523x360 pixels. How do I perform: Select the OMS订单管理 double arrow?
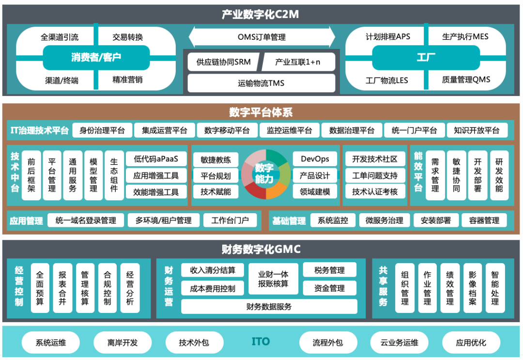click(261, 37)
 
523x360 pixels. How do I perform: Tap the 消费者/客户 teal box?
click(96, 58)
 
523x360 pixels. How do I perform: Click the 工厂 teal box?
click(426, 58)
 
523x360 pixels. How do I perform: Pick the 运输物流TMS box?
click(261, 83)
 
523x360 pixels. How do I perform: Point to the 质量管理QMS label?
click(466, 79)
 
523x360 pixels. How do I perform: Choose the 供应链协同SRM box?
click(223, 62)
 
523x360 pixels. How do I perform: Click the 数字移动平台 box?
click(227, 130)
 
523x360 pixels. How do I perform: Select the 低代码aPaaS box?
click(156, 159)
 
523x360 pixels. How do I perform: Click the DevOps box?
click(315, 159)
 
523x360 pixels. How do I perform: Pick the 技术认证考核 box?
click(374, 191)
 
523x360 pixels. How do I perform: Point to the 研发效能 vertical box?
click(499, 175)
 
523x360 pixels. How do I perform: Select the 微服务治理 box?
click(385, 220)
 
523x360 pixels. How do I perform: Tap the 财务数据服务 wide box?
click(269, 306)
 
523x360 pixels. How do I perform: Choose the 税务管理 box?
click(329, 270)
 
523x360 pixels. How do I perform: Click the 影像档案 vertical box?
click(473, 288)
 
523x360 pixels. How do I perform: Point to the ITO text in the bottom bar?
click(261, 342)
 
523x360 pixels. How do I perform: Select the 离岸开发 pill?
click(123, 343)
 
